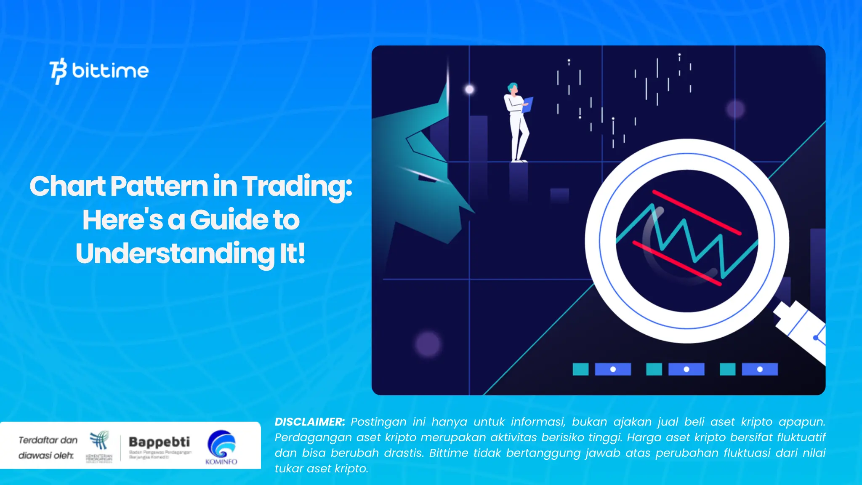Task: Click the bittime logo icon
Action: pos(58,71)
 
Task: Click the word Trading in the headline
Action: pos(296,186)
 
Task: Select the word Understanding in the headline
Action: pos(175,253)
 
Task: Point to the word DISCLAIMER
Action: pos(309,422)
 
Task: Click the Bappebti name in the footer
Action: pos(159,442)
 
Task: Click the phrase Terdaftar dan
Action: pos(48,440)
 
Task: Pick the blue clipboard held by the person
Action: pos(528,104)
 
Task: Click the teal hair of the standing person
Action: pos(512,87)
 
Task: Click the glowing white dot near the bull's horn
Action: pos(469,89)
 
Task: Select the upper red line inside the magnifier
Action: pos(697,213)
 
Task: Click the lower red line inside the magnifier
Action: pos(677,264)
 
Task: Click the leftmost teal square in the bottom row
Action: pos(580,369)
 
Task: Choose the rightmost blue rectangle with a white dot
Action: pos(760,369)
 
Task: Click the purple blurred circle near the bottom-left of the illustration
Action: pos(427,344)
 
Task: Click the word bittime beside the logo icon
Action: pos(110,71)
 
